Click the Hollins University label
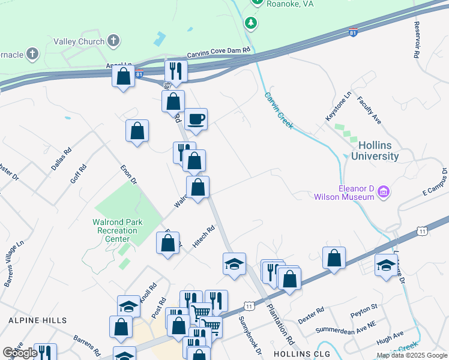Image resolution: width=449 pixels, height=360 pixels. point(378,151)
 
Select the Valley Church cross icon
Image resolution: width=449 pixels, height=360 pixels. point(113,41)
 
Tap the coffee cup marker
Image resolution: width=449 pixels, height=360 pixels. point(195,119)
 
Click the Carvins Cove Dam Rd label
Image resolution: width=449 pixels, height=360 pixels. point(218,53)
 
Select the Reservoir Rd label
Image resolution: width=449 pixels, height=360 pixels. point(417,40)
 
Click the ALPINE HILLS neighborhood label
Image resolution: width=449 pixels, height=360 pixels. point(34,321)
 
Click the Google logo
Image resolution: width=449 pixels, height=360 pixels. point(20,353)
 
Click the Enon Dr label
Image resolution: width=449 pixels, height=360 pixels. point(128,175)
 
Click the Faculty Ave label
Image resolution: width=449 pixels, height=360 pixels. point(369,110)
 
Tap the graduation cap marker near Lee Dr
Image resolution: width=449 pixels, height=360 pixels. point(386,265)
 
